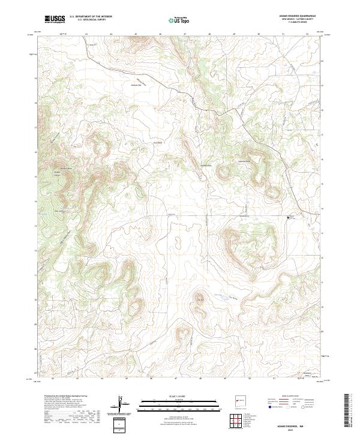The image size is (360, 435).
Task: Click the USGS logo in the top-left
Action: (54, 19)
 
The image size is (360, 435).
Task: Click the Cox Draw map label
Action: (235, 295)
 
